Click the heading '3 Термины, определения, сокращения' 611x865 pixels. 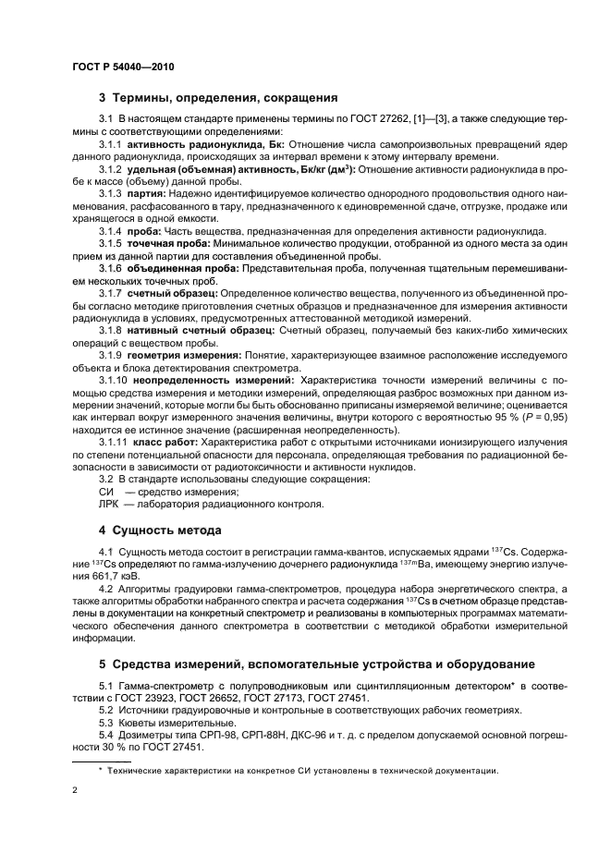tap(217, 97)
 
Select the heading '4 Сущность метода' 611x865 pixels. tap(160, 530)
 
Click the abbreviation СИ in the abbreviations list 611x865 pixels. tap(105, 492)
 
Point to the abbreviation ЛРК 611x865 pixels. tap(109, 505)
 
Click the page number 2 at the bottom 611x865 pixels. tap(75, 790)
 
